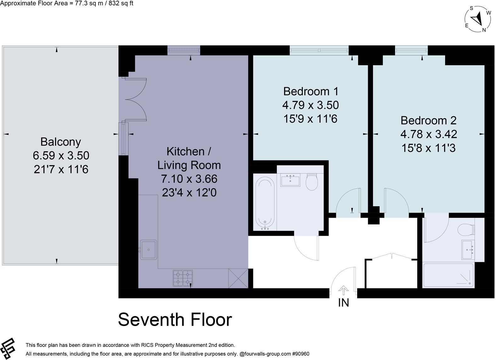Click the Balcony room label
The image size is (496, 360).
(61, 142)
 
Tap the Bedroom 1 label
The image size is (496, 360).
(311, 92)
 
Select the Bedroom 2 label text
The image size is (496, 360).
(428, 121)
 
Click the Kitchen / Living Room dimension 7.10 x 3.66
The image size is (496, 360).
(189, 179)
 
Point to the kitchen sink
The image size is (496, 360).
(148, 250)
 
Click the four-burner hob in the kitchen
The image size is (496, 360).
(183, 278)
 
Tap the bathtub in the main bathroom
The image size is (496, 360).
(265, 202)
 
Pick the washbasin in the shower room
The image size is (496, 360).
(468, 250)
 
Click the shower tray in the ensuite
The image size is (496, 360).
(448, 275)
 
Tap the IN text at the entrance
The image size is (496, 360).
(343, 303)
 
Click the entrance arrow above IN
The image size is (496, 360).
(343, 290)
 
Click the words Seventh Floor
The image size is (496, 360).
(175, 319)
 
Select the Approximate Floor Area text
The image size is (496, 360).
(66, 3)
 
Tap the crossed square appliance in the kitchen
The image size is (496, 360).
(238, 278)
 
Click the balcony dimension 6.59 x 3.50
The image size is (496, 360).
(61, 155)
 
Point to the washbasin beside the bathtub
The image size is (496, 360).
(290, 180)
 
